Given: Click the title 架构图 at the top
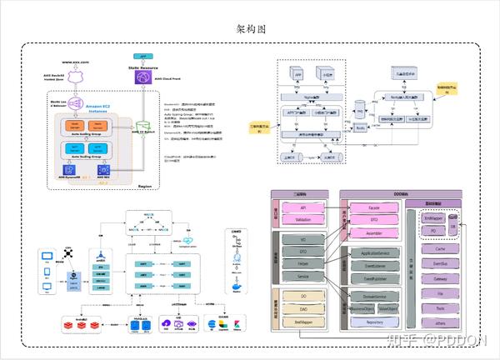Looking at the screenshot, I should click(x=250, y=28).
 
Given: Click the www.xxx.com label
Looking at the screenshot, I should click(x=75, y=62).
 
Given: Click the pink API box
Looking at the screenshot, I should click(x=303, y=207).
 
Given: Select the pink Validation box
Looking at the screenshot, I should click(x=303, y=220).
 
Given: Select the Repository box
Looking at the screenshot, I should click(x=374, y=321).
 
